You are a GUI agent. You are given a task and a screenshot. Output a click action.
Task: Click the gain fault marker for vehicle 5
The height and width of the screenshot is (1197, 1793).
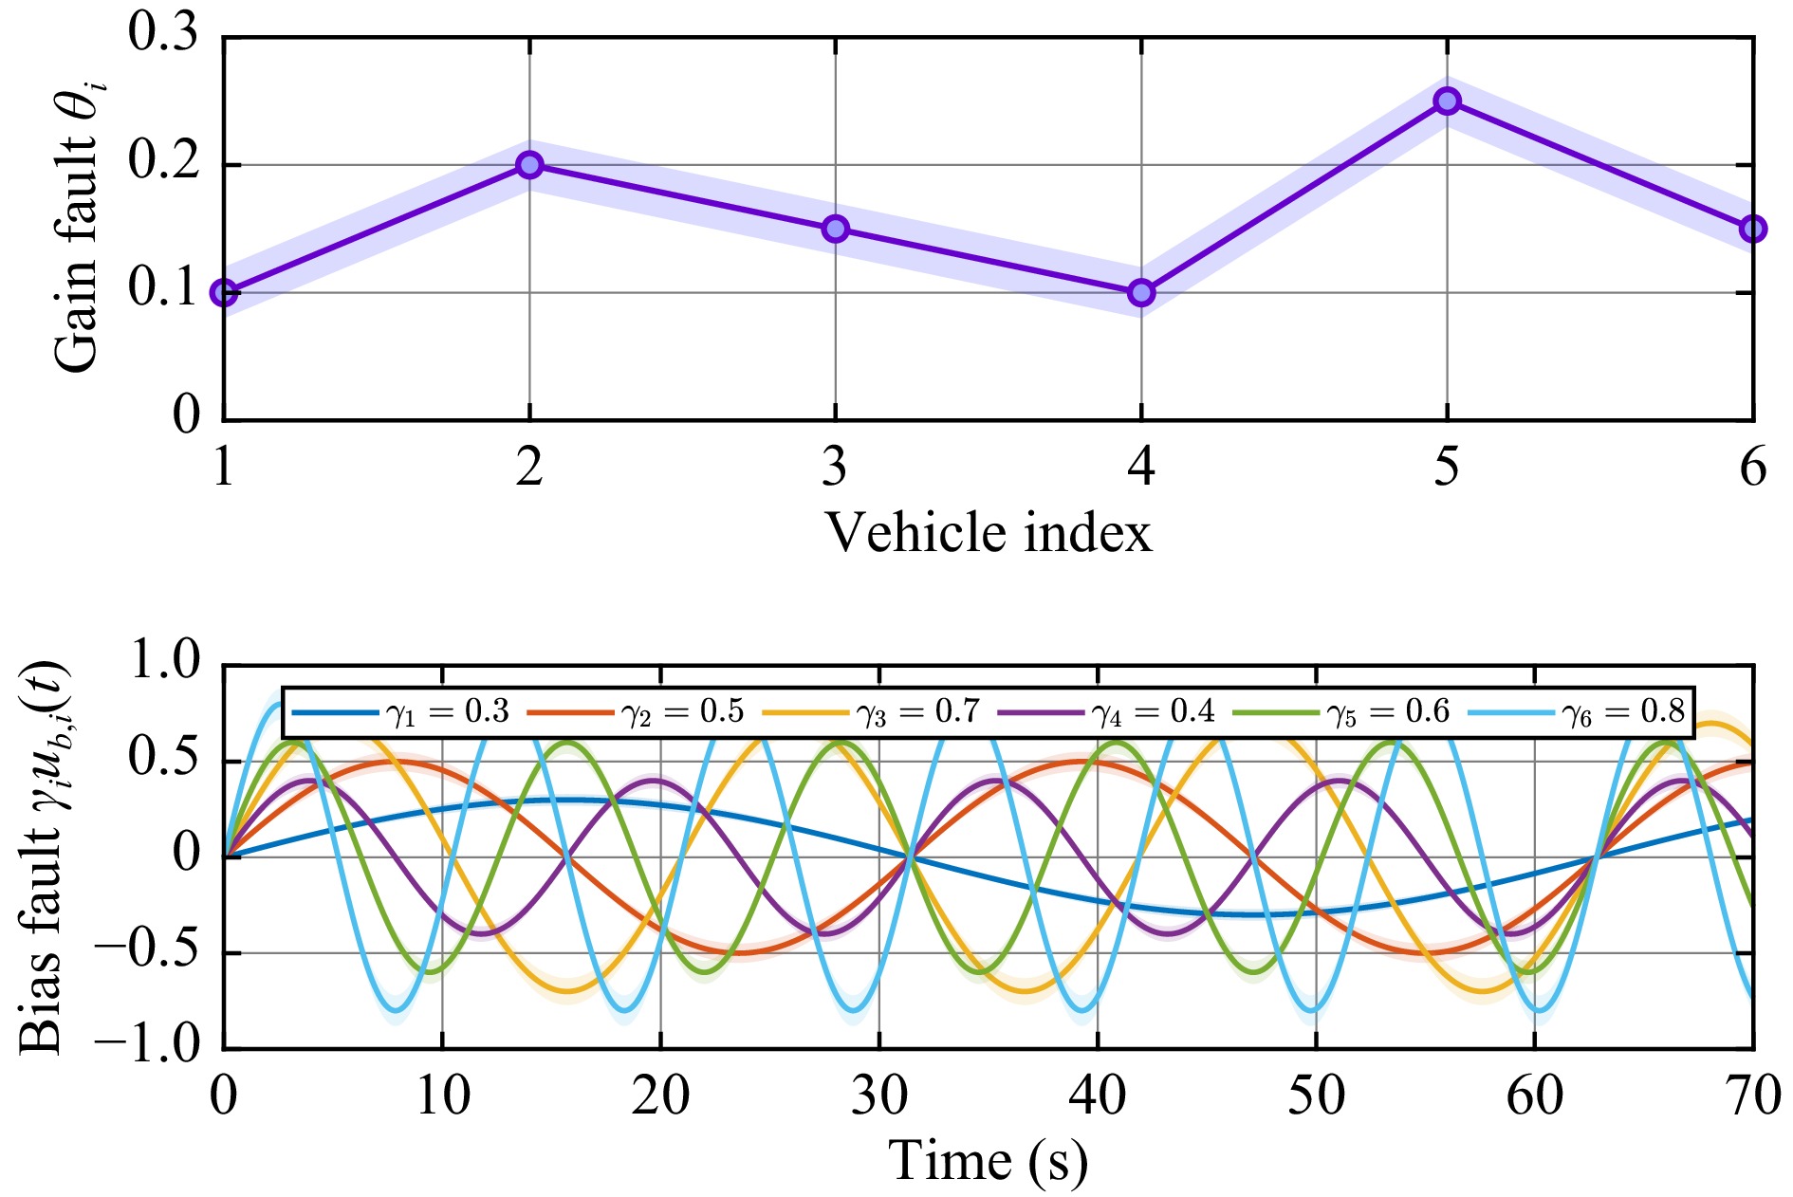tap(1446, 101)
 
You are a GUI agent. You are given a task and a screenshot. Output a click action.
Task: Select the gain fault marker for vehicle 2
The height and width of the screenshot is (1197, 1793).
tap(529, 165)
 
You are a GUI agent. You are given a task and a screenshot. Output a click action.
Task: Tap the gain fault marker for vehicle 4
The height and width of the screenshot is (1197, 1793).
tap(1140, 292)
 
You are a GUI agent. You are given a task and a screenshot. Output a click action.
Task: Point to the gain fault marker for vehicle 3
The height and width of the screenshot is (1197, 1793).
tap(835, 229)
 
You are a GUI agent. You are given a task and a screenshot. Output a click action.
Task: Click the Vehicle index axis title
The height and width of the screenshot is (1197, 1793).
tap(988, 532)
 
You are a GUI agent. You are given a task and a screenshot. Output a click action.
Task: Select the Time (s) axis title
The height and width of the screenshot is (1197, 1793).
tap(988, 1161)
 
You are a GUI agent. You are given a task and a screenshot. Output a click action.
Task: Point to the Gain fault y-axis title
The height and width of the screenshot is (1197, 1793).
tap(78, 228)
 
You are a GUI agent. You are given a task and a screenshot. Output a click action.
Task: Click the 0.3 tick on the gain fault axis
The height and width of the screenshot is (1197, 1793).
tap(163, 34)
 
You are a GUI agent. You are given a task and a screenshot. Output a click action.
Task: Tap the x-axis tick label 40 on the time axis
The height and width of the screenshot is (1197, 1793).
tap(1098, 1096)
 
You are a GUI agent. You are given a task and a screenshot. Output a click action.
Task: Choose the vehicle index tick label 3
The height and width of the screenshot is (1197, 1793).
tap(835, 467)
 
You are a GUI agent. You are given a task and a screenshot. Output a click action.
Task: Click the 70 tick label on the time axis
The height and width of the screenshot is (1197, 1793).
tap(1752, 1096)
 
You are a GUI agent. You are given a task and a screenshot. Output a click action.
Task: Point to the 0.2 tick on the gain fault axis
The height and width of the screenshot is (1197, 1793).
tap(163, 163)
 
